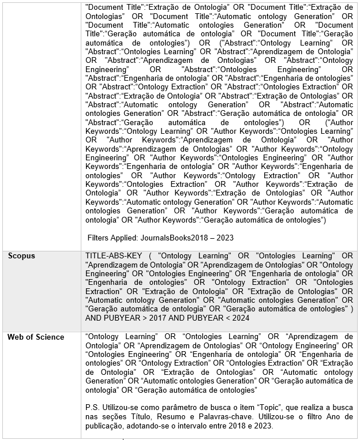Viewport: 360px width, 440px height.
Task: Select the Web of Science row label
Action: coord(36,337)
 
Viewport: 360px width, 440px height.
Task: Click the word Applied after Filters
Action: coord(127,238)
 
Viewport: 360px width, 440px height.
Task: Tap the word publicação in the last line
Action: coord(106,426)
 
